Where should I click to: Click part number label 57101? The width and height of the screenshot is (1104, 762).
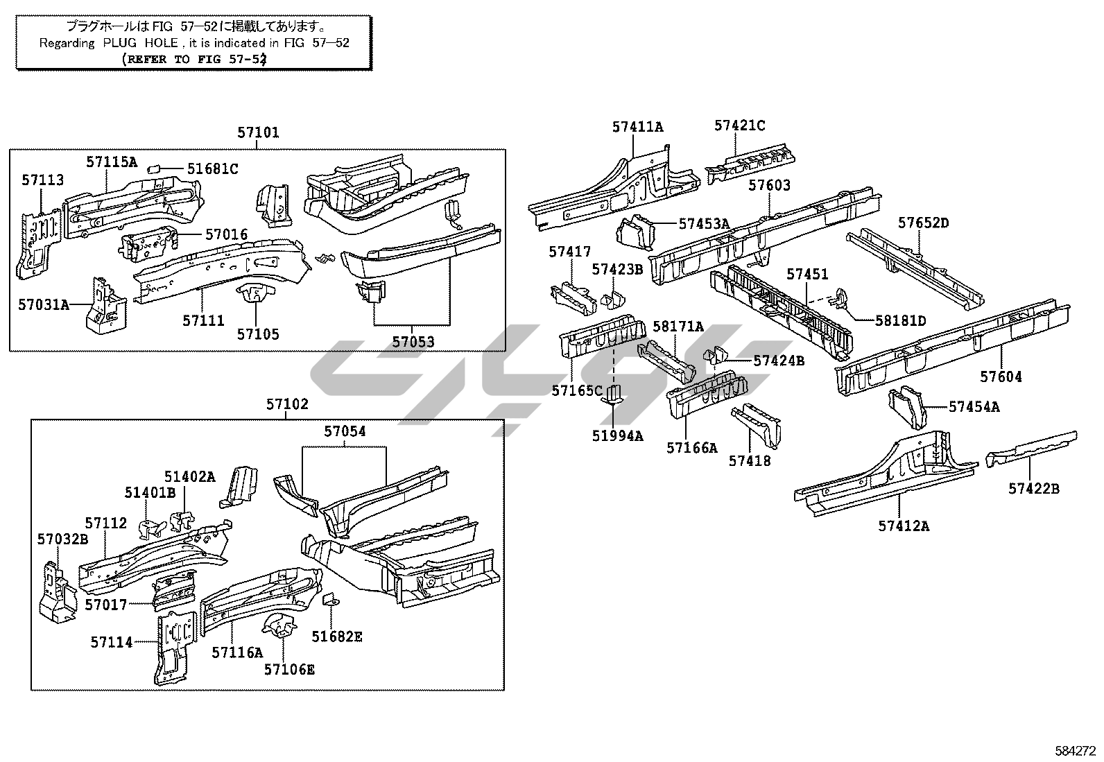click(258, 132)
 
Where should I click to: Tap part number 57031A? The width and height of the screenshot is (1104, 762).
click(44, 304)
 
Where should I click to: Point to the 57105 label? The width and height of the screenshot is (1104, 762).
click(258, 334)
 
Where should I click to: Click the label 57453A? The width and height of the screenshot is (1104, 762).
click(704, 223)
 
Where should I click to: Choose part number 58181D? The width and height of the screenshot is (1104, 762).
click(900, 320)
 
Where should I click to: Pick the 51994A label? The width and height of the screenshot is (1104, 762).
click(617, 435)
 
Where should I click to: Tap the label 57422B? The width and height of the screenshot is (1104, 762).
click(1034, 489)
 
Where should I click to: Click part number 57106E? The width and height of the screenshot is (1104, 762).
click(289, 669)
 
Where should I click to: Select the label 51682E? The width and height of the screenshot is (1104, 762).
click(337, 637)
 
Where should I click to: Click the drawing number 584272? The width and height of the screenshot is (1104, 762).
click(1073, 750)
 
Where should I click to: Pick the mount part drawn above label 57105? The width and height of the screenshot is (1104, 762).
click(255, 295)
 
